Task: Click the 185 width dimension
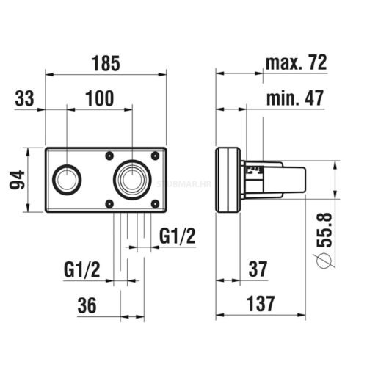click(x=106, y=63)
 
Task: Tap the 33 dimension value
click(x=24, y=98)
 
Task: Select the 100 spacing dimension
click(x=100, y=98)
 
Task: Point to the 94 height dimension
click(x=18, y=180)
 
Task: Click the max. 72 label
click(x=297, y=62)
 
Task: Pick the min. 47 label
click(x=295, y=98)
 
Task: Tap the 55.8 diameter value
click(x=324, y=230)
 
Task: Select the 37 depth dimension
click(x=258, y=269)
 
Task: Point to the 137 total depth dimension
click(x=261, y=304)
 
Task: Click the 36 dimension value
click(x=87, y=305)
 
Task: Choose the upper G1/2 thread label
click(x=178, y=236)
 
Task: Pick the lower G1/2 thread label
click(x=82, y=269)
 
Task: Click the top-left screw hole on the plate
click(x=109, y=156)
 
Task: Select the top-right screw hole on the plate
click(x=155, y=156)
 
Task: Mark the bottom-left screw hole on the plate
click(x=109, y=204)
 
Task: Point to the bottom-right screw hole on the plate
click(x=155, y=204)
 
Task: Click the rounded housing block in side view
click(x=228, y=180)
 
